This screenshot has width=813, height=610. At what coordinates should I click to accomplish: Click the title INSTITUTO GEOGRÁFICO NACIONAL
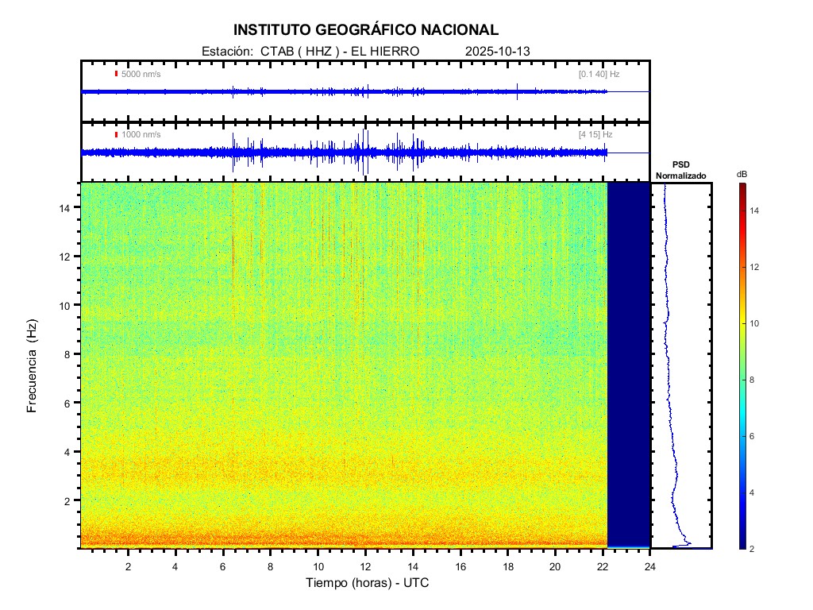tap(366, 30)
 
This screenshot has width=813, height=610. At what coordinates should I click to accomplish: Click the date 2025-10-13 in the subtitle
tap(498, 51)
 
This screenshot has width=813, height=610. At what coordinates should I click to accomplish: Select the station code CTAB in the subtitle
tap(278, 51)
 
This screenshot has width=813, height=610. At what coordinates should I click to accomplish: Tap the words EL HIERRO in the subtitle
tap(384, 51)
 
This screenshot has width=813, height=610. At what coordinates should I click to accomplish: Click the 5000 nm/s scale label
tap(141, 74)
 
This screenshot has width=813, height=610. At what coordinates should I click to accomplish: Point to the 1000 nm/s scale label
tap(141, 135)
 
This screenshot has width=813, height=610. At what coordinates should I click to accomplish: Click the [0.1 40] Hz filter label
tap(599, 74)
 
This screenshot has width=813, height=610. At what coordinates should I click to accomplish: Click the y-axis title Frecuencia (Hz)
tap(33, 366)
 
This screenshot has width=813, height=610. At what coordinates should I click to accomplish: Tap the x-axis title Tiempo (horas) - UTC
tap(368, 583)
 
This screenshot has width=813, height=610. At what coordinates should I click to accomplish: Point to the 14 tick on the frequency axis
tap(67, 207)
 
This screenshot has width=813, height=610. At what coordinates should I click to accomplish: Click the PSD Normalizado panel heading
tap(680, 170)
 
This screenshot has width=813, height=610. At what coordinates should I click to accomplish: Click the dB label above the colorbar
tap(742, 174)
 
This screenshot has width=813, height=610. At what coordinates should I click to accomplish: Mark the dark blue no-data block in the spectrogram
tap(629, 364)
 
